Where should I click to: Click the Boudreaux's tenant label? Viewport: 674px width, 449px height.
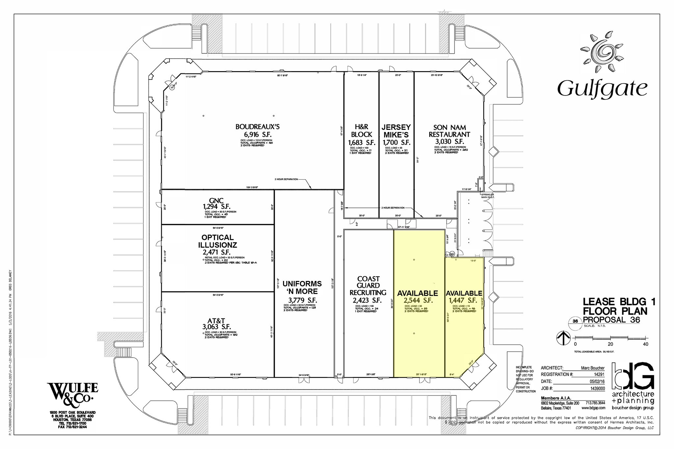pyautogui.click(x=257, y=127)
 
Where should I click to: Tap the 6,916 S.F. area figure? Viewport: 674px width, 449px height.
pyautogui.click(x=257, y=135)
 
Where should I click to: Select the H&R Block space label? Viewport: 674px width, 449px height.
pyautogui.click(x=361, y=131)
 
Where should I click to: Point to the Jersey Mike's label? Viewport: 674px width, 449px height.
pyautogui.click(x=396, y=131)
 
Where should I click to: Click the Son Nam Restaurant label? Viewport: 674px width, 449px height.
pyautogui.click(x=449, y=131)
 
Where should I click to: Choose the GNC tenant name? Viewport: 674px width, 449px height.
pyautogui.click(x=216, y=201)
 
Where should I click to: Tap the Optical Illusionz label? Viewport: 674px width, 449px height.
pyautogui.click(x=218, y=241)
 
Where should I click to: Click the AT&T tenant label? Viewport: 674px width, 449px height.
pyautogui.click(x=216, y=321)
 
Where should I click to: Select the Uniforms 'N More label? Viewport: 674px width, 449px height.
pyautogui.click(x=302, y=287)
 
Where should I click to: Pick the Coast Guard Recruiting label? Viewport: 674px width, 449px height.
pyautogui.click(x=368, y=286)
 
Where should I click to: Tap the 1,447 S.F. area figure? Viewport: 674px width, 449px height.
pyautogui.click(x=463, y=300)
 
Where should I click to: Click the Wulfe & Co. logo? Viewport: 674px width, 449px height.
pyautogui.click(x=72, y=393)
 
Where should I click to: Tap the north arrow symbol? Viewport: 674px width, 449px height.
pyautogui.click(x=563, y=338)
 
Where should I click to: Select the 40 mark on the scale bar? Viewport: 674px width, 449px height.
pyautogui.click(x=645, y=344)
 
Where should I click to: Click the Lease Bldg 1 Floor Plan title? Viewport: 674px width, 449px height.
pyautogui.click(x=619, y=306)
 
